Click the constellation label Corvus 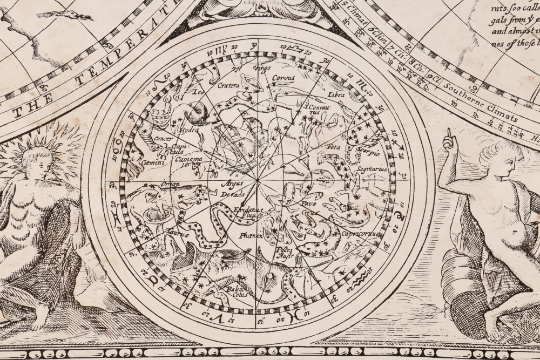pos(283,78)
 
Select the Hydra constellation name pos(189,131)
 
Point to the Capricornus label pos(361,234)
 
